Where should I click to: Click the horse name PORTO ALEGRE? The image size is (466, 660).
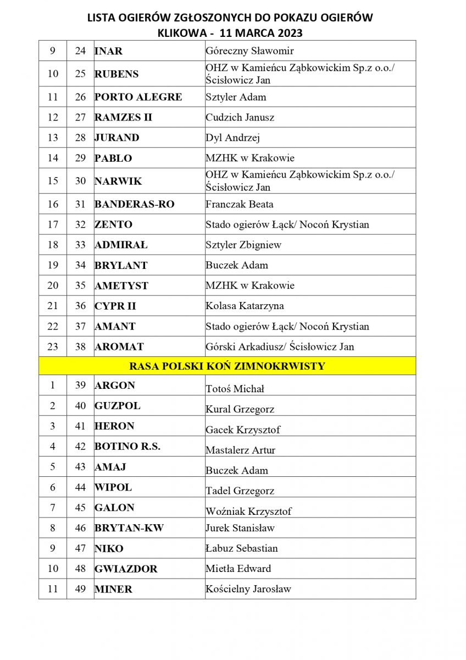point(138,97)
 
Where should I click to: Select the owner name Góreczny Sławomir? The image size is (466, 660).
point(249,51)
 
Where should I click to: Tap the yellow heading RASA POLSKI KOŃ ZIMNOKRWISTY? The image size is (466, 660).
point(227,366)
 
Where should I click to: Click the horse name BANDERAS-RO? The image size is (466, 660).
point(134,204)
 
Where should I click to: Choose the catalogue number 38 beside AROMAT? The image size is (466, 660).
point(80,346)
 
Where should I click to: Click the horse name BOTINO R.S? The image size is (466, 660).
point(127,447)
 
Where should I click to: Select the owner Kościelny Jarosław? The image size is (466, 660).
point(248,589)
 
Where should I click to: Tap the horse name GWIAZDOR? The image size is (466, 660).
point(126,569)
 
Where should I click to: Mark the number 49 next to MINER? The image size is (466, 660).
point(80,589)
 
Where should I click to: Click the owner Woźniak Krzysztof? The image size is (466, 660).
point(248,511)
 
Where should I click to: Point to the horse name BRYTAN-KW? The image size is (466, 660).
point(129,528)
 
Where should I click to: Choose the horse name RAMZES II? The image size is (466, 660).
point(123,117)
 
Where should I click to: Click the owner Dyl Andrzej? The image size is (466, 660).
point(232,137)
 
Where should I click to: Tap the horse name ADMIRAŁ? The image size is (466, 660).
point(121,245)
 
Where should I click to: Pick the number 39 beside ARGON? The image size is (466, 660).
point(80,385)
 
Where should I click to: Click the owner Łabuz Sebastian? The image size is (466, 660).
point(241,548)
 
